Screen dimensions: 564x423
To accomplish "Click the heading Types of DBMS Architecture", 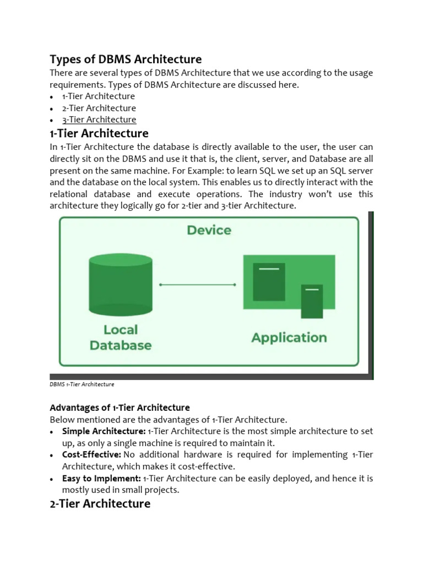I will tap(126, 59).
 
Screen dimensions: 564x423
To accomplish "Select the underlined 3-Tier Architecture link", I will tap(99, 120).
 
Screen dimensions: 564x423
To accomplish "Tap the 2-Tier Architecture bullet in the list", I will tap(99, 108).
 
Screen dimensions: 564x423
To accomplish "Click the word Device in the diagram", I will tap(209, 230).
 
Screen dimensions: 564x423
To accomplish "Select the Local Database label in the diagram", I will tap(121, 338).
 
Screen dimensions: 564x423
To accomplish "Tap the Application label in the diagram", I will tap(289, 338).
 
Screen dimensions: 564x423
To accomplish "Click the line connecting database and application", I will tap(197, 285).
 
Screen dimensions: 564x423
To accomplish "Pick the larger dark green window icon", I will tap(269, 281).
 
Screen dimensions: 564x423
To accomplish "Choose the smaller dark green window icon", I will tap(312, 301).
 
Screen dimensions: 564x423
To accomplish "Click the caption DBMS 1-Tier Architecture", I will tap(82, 384).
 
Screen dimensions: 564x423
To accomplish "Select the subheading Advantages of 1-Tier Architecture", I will tap(120, 408).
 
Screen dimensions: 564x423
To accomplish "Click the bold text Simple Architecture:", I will tap(104, 431).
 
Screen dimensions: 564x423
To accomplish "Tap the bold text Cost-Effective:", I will tap(91, 455).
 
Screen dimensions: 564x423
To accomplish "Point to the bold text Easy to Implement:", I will tap(101, 479).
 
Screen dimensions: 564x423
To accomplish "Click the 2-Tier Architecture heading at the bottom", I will tap(100, 503).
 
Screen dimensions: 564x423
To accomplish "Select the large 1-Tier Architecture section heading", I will tap(99, 133).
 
